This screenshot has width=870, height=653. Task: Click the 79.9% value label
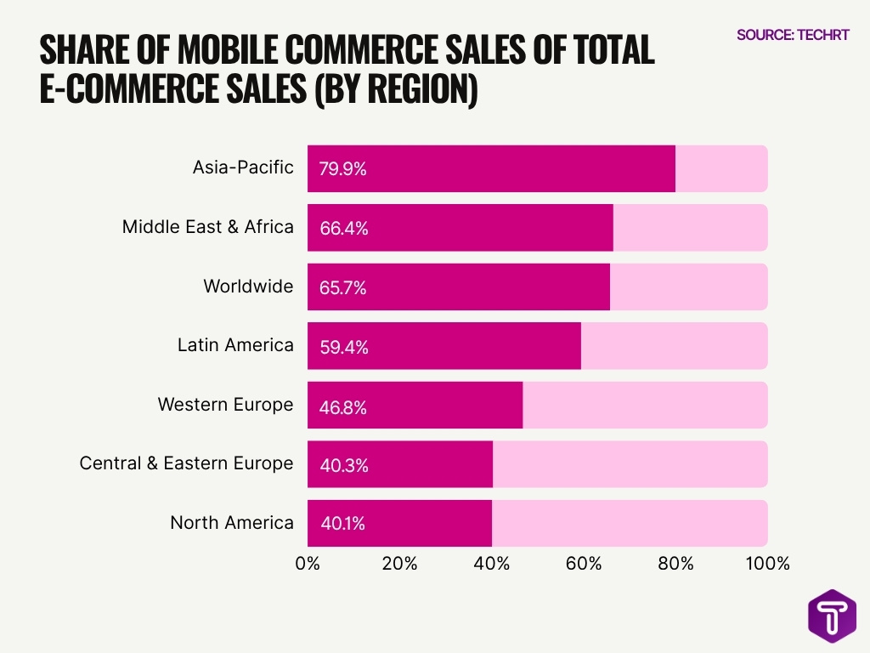click(343, 168)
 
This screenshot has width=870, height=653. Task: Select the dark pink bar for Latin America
click(443, 346)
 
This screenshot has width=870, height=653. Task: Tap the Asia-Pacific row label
click(243, 167)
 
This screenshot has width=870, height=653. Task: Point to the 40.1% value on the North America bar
click(343, 524)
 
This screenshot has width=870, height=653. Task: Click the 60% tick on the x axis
click(584, 564)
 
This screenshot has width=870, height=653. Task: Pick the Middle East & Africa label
click(208, 226)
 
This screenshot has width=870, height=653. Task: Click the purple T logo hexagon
click(832, 616)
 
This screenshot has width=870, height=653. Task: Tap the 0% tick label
click(308, 564)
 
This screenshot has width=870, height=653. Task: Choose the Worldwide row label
click(248, 286)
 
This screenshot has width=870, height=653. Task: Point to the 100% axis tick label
click(767, 564)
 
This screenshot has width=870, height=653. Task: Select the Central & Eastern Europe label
click(186, 463)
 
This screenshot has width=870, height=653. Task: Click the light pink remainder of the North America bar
click(629, 524)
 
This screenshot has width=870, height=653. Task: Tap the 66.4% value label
click(343, 228)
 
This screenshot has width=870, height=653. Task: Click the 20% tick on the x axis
click(399, 564)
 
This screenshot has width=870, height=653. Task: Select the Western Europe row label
click(225, 404)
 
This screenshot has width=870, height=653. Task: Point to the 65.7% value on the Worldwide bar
click(343, 287)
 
